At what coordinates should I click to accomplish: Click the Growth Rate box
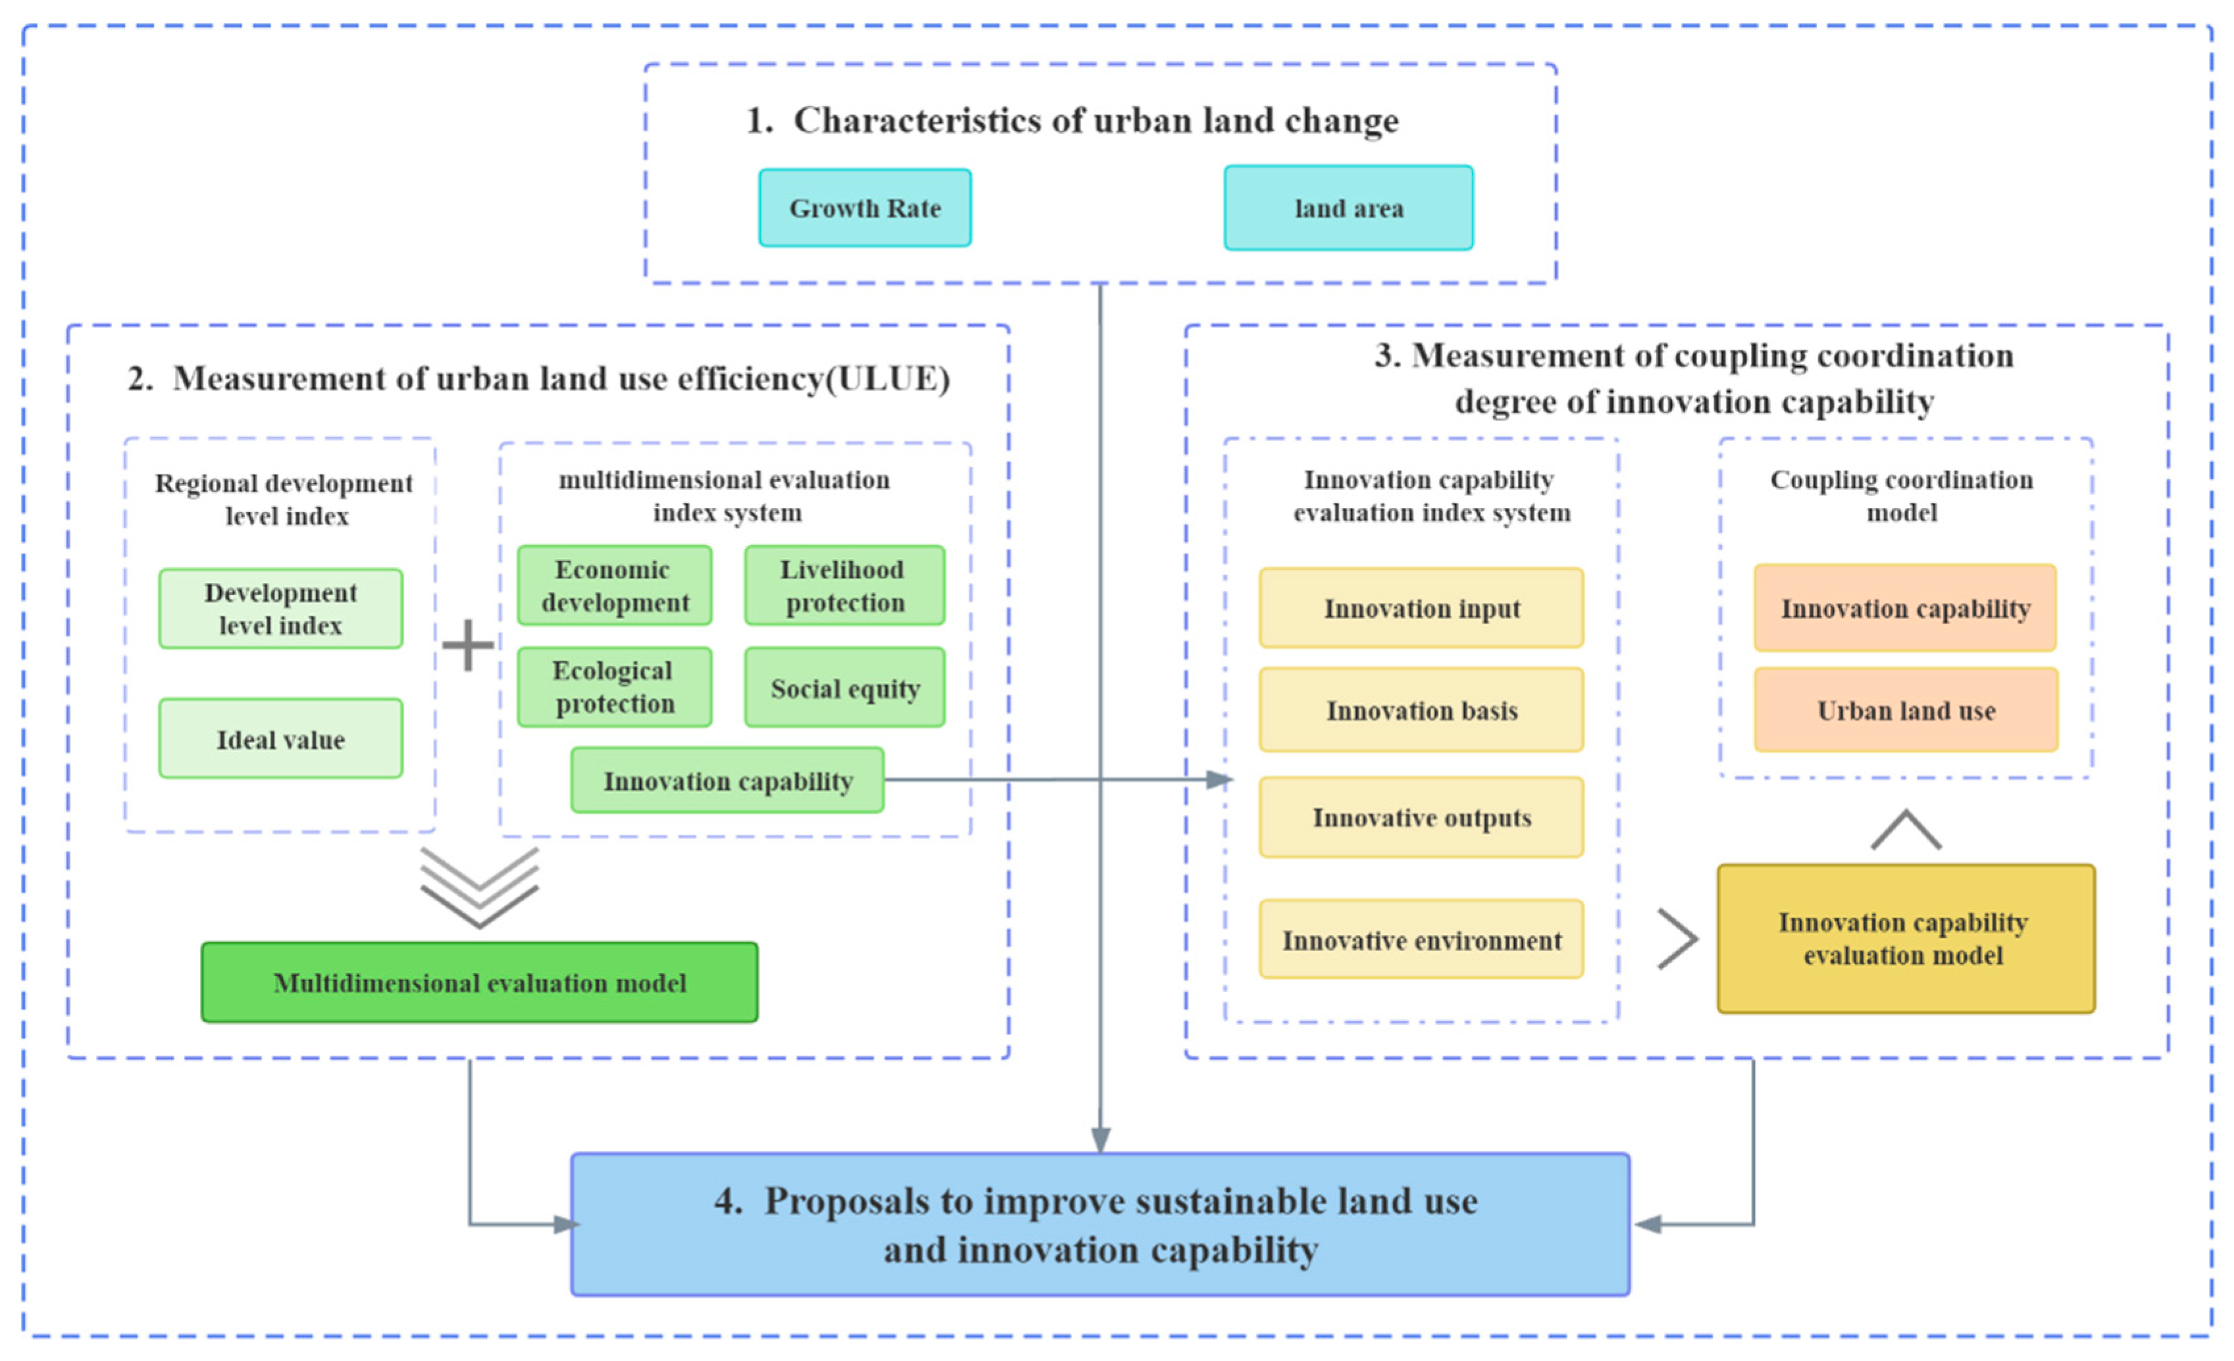pos(865,208)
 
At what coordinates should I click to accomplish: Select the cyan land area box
pos(1348,208)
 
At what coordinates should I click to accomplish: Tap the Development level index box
pos(280,608)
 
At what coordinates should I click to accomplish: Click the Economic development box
pos(614,586)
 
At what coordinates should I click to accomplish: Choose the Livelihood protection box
pos(844,586)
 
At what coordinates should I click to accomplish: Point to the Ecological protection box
pos(614,686)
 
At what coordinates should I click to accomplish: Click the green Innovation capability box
pos(727,780)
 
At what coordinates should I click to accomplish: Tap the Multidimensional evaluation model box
pos(479,982)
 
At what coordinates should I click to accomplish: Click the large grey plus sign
pos(468,645)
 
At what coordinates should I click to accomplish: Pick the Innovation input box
pos(1421,607)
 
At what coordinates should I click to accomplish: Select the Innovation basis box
pos(1421,710)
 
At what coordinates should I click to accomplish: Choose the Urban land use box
pos(1905,710)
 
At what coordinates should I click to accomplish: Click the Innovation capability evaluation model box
pos(1905,938)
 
